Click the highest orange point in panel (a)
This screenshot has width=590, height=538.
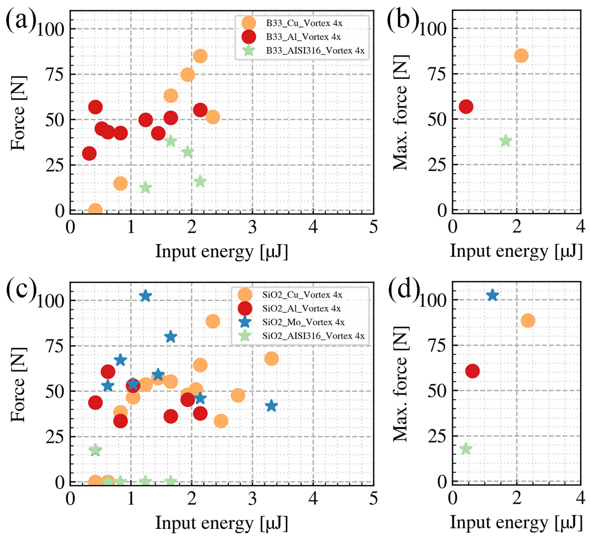point(200,56)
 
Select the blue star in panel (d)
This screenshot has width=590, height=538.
point(492,295)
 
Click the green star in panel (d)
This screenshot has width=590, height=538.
point(466,449)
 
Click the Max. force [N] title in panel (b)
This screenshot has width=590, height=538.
point(400,112)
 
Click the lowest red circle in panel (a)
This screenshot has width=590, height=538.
point(89,154)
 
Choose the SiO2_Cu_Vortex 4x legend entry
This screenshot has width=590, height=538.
point(302,294)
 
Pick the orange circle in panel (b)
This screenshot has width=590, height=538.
point(521,56)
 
